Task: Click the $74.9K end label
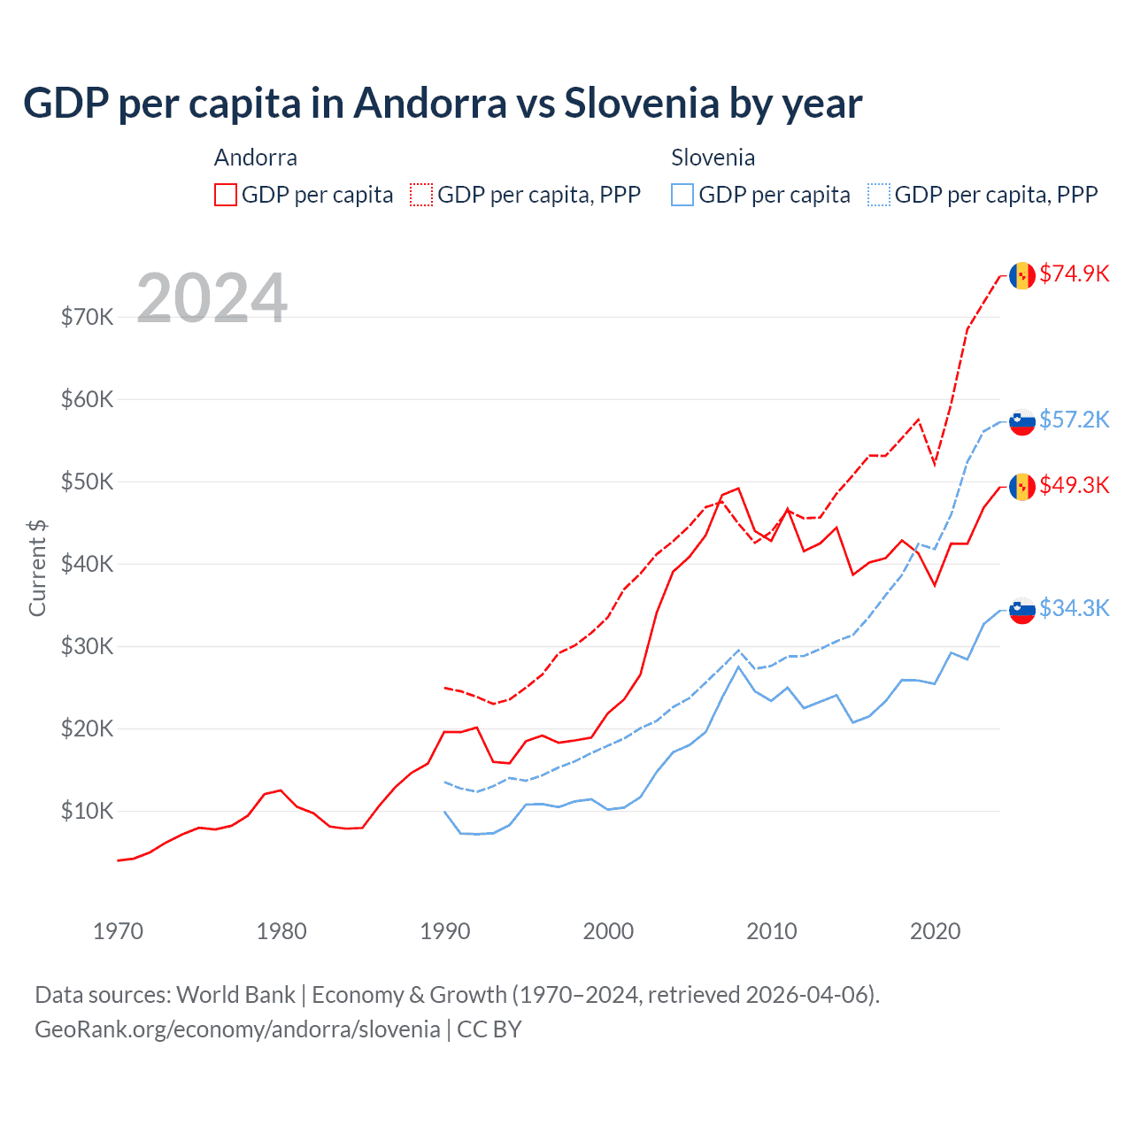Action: tap(1074, 274)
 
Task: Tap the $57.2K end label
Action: tap(1074, 420)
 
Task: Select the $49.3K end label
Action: tap(1074, 485)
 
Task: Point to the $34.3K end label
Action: tap(1074, 608)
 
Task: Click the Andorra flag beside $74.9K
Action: tap(1022, 275)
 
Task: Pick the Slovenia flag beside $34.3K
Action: tap(1022, 610)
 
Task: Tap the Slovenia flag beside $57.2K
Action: tap(1022, 421)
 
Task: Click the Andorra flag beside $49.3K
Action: tap(1022, 487)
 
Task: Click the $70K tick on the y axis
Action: tap(87, 317)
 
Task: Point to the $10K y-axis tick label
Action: tap(87, 811)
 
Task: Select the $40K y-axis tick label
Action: tap(87, 564)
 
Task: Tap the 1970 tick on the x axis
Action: tap(118, 931)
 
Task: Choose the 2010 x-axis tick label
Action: tap(772, 931)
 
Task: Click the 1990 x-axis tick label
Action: tap(445, 931)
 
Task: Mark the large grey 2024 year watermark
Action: tap(212, 298)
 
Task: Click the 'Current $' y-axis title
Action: tap(37, 568)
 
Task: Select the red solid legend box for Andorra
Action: tap(226, 195)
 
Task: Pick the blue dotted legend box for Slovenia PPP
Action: tap(879, 195)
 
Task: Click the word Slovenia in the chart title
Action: tap(642, 104)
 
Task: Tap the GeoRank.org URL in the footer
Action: tap(237, 1029)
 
